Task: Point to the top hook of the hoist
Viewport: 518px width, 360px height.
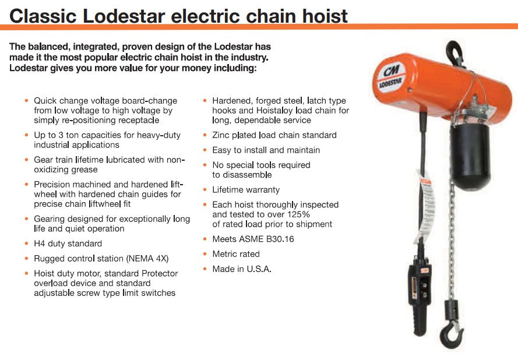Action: point(454,53)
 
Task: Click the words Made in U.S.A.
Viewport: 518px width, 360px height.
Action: point(242,269)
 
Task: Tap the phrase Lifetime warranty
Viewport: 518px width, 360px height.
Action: point(246,189)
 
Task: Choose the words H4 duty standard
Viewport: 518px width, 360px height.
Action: point(68,243)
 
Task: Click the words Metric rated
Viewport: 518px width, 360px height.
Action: point(236,254)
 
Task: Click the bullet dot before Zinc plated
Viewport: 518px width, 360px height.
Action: point(206,135)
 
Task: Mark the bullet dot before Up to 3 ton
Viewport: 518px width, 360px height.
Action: point(27,135)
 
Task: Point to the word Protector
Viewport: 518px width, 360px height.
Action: point(157,273)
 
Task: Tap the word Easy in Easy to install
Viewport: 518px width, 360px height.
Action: point(221,150)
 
